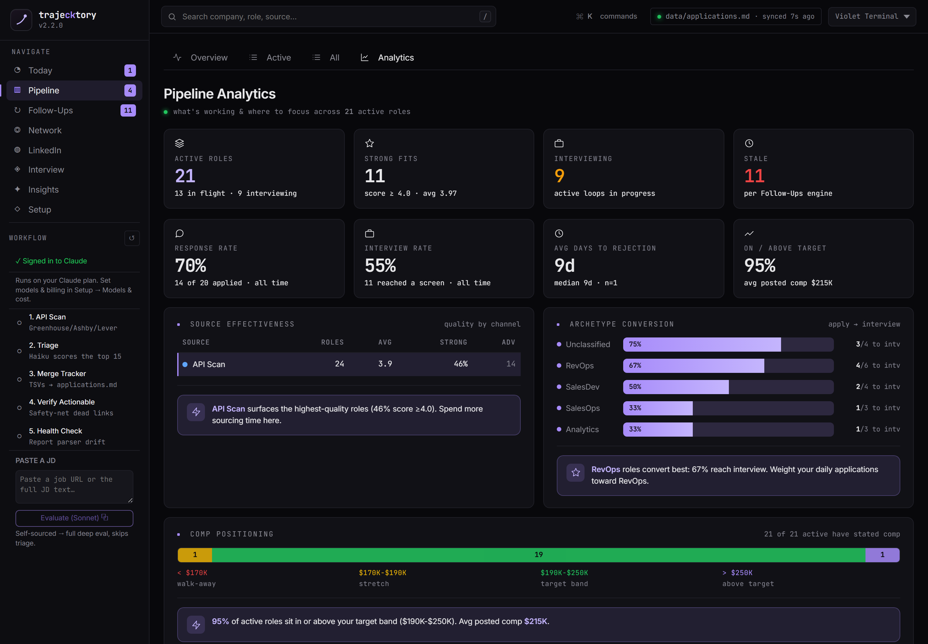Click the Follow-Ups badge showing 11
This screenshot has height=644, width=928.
click(128, 110)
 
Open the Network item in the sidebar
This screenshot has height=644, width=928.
click(45, 130)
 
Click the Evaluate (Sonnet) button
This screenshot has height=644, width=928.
click(74, 518)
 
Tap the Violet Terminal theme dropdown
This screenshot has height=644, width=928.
click(872, 16)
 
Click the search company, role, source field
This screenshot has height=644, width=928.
click(328, 16)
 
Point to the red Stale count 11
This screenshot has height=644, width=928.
click(754, 176)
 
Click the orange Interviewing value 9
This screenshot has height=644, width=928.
click(559, 176)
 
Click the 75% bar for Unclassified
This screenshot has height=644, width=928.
click(702, 344)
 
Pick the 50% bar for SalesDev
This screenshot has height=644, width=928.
click(676, 387)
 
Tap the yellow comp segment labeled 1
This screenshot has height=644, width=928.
click(195, 555)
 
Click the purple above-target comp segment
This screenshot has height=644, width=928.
click(882, 555)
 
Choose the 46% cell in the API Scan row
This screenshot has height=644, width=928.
click(460, 364)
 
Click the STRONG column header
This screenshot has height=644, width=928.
click(453, 342)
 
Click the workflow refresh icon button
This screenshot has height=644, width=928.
click(132, 238)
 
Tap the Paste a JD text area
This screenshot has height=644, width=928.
click(74, 487)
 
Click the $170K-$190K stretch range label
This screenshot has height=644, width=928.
click(382, 573)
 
